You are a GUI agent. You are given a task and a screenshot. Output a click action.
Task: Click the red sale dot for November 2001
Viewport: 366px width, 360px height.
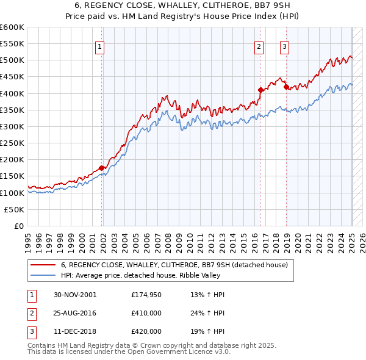click(102, 168)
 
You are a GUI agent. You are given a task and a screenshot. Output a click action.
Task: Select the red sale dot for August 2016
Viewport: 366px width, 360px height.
click(260, 90)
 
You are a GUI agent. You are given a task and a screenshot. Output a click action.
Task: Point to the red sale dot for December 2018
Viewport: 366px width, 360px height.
click(286, 87)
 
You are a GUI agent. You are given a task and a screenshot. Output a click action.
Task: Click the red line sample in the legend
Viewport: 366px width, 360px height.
click(42, 265)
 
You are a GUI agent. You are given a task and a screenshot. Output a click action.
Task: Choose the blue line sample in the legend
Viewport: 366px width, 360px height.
click(42, 275)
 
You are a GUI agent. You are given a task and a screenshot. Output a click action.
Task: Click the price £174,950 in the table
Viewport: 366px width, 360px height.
click(146, 295)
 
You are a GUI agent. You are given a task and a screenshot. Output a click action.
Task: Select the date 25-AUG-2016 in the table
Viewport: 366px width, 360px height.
click(75, 313)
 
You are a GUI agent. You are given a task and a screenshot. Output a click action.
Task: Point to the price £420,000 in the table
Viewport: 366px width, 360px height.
click(146, 331)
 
